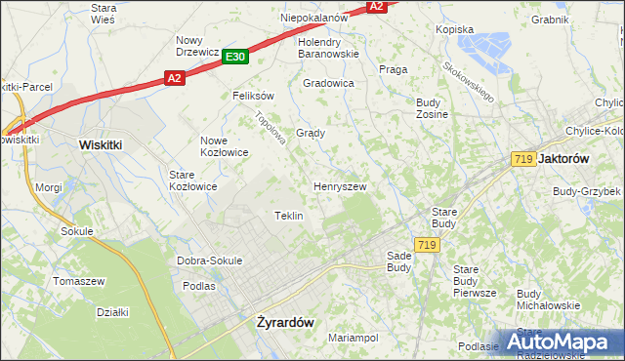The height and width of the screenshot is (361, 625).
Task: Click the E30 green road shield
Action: tap(234, 58)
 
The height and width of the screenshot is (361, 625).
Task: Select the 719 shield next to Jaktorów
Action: tap(521, 158)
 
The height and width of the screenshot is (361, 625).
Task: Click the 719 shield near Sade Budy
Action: tap(425, 244)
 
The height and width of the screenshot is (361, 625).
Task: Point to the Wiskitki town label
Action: tap(100, 143)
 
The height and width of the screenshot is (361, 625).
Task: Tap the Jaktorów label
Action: tap(565, 157)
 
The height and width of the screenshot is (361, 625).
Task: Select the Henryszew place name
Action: tap(340, 185)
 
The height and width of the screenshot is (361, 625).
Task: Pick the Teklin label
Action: tap(289, 216)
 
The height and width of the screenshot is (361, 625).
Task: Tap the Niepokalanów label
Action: tap(314, 18)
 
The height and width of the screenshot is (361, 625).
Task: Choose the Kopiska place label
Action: tap(454, 29)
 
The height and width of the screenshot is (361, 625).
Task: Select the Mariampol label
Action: tap(354, 338)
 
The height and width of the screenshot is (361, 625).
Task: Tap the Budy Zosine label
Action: tap(432, 108)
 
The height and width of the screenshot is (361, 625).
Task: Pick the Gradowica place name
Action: tap(328, 83)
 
